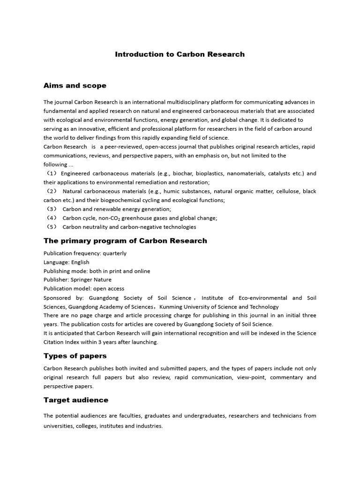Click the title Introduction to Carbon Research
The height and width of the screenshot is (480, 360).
point(180,54)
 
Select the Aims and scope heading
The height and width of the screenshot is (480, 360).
point(75,86)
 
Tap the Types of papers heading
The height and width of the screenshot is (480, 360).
point(75,356)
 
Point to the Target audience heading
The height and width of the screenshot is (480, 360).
point(75,400)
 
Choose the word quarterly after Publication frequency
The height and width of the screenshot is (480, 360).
point(114,254)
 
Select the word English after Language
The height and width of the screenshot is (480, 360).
point(80,262)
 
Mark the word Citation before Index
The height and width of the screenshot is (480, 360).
point(54,342)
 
